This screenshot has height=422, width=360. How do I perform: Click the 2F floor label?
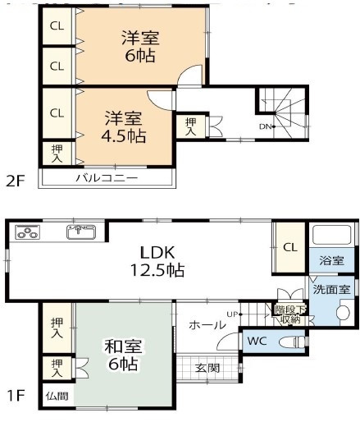[16, 181]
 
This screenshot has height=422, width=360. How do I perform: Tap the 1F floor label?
[16, 395]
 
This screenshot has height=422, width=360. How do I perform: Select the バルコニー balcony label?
[107, 178]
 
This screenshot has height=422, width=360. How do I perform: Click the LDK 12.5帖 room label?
[157, 261]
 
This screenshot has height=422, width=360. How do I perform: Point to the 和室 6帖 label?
[123, 355]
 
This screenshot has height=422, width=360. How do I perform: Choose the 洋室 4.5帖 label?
[123, 127]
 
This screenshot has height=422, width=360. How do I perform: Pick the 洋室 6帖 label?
[140, 47]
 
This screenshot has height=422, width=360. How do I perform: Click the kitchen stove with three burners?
[28, 232]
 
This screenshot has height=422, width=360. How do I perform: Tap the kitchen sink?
[81, 232]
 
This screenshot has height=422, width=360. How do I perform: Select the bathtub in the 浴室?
[331, 235]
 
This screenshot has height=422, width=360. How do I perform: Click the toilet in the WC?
[293, 342]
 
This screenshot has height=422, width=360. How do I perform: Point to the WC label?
[257, 341]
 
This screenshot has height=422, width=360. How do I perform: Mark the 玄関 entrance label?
[207, 368]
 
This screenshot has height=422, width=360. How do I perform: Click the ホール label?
[207, 325]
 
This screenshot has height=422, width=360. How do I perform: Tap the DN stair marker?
[267, 126]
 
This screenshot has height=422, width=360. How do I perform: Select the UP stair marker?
[235, 314]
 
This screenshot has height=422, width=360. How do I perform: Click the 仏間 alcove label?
[57, 396]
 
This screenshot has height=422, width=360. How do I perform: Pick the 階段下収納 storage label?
[290, 314]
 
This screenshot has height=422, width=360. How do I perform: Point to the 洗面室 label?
[331, 289]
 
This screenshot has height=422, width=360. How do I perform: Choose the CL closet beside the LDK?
[289, 247]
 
